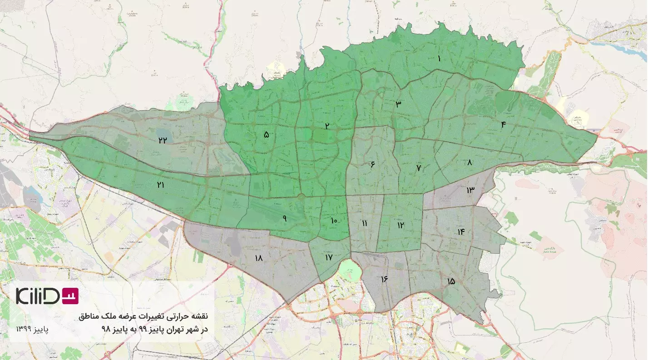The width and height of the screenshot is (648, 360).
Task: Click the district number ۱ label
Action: tap(439, 59)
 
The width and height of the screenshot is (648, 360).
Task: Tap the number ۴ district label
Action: tap(503, 125)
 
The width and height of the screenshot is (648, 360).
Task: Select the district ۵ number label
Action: tap(266, 134)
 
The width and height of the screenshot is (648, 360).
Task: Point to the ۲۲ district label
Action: tap(163, 140)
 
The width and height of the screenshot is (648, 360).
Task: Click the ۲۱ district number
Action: tap(160, 185)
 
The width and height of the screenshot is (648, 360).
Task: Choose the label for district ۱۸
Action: tap(259, 258)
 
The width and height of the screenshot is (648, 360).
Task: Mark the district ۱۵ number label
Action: tap(450, 281)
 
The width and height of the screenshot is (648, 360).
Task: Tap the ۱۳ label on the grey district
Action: tap(470, 190)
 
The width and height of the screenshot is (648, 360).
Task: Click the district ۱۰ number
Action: tap(334, 221)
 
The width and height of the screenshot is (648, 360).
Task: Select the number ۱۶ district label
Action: tap(384, 278)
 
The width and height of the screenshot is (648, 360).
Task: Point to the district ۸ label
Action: tap(469, 162)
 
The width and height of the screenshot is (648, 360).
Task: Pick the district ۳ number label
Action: tap(398, 104)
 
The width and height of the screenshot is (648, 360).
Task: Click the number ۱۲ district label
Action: tap(400, 225)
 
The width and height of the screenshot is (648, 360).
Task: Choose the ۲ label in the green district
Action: tap(326, 126)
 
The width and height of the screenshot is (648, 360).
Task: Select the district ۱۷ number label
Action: tap(329, 257)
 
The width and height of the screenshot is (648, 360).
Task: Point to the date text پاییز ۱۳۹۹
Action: tap(32, 328)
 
